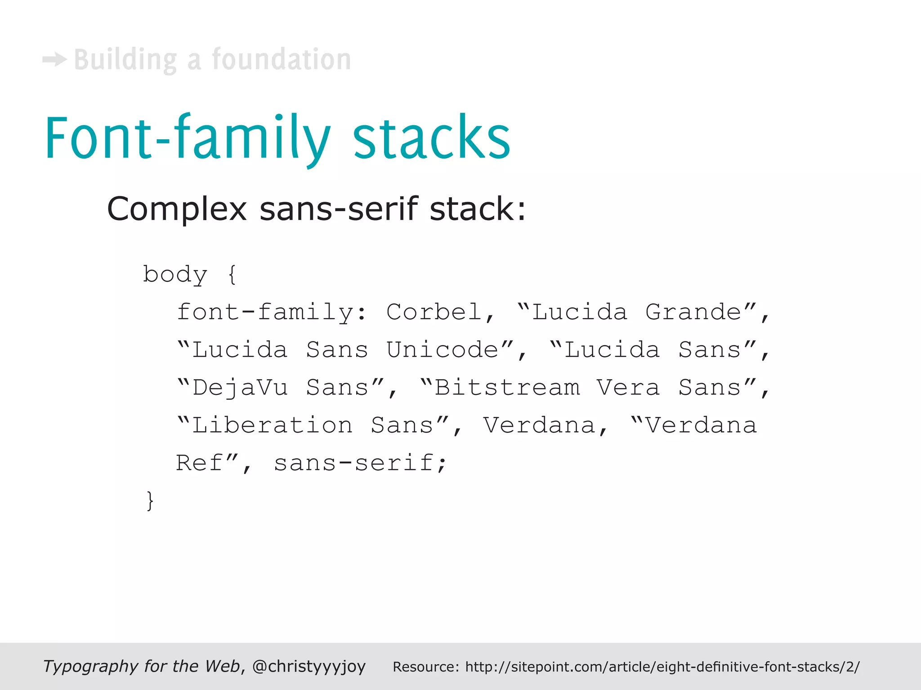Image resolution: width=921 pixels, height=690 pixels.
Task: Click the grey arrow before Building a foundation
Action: click(54, 59)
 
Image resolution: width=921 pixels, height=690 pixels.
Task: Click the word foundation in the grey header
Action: click(282, 59)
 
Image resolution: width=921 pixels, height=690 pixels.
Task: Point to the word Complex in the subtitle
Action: click(177, 209)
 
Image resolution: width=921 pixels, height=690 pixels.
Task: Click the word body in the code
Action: click(175, 274)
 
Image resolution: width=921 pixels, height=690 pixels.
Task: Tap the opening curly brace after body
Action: click(232, 274)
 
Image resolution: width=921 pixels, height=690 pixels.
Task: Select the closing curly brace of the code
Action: click(150, 500)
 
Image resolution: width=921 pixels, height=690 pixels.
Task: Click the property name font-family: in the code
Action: click(272, 312)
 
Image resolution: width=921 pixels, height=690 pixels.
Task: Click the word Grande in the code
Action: click(693, 312)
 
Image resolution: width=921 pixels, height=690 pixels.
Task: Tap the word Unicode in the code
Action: click(443, 350)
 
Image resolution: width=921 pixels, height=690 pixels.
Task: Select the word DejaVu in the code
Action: click(240, 388)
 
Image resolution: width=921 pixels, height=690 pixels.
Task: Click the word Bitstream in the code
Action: click(507, 388)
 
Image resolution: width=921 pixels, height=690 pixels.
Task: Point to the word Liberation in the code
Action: click(273, 425)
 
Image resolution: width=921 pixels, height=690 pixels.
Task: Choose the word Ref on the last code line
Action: click(199, 463)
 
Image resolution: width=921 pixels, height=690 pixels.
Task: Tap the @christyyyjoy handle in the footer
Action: click(309, 666)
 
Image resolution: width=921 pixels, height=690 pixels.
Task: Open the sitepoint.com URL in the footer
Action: click(662, 667)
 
